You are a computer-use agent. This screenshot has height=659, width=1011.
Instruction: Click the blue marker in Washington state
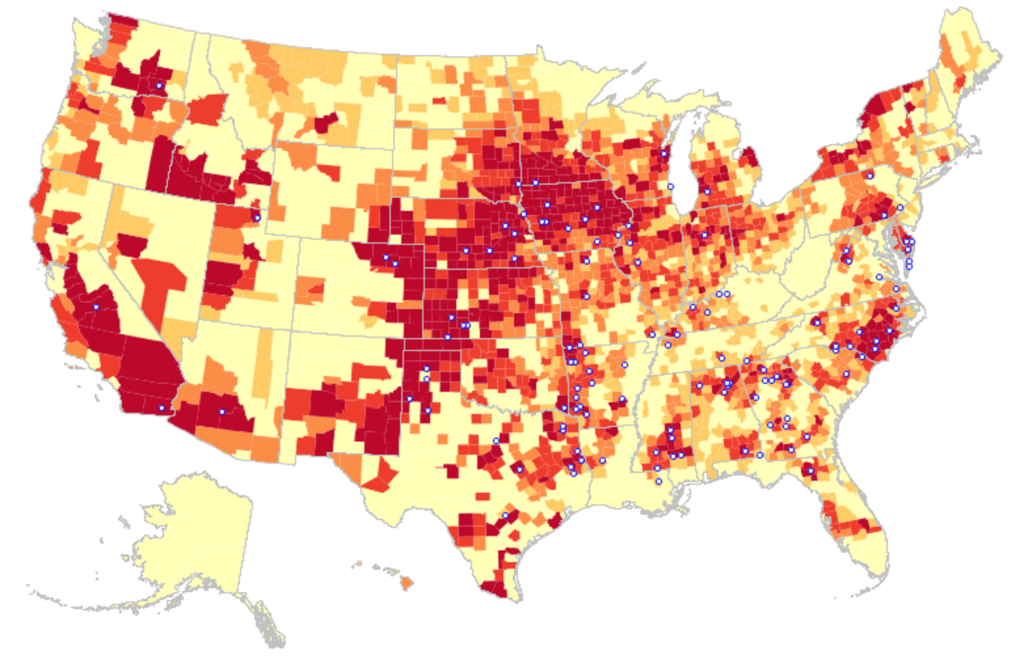159,86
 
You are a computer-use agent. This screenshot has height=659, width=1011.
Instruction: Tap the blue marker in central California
96,307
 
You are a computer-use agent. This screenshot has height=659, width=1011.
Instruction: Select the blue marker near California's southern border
161,408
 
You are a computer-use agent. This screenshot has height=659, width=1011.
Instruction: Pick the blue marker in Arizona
222,411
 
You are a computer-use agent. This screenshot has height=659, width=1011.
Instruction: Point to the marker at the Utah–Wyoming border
257,218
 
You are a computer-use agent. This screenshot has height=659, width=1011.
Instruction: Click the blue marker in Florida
810,470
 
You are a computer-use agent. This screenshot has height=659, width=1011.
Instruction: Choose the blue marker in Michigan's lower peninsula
707,192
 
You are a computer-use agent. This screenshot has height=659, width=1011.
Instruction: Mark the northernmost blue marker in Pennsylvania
870,176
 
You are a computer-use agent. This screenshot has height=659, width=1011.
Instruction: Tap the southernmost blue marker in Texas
505,516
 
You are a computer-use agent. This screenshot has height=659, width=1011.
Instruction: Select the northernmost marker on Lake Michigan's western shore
664,154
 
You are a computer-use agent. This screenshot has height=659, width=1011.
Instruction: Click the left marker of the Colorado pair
386,257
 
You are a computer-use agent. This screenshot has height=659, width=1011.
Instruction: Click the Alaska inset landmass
197,537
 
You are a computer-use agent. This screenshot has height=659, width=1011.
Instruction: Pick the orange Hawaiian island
406,582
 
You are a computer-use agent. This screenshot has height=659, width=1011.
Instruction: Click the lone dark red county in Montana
326,122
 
